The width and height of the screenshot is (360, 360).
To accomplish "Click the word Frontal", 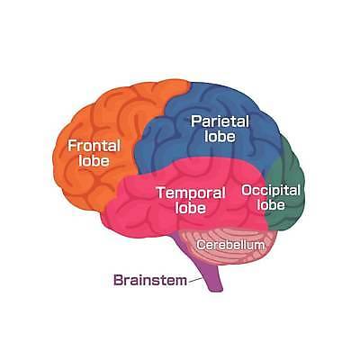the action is [x=94, y=146].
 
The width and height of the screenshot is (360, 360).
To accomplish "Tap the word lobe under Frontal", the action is [x=94, y=160].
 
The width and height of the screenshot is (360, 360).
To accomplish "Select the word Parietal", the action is [x=220, y=121].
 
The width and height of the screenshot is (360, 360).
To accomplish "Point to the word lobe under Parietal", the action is [x=220, y=136].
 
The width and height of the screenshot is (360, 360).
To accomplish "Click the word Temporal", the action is [x=191, y=193].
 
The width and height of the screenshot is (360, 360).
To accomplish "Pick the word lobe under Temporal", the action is [x=191, y=208].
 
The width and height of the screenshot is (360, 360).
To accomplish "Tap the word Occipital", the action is [x=271, y=191].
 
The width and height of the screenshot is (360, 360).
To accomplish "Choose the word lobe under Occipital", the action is [x=271, y=204].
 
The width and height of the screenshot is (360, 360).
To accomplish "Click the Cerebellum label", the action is [x=231, y=245].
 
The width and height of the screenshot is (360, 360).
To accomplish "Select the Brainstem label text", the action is [x=150, y=281].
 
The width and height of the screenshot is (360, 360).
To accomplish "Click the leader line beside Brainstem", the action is [x=195, y=280].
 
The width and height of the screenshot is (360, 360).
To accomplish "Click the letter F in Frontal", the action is [x=72, y=146].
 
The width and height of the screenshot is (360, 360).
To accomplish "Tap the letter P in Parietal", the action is [x=196, y=121].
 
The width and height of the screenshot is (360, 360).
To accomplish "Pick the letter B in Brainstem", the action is [x=118, y=281].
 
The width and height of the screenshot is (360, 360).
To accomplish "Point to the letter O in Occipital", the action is [x=247, y=190].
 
